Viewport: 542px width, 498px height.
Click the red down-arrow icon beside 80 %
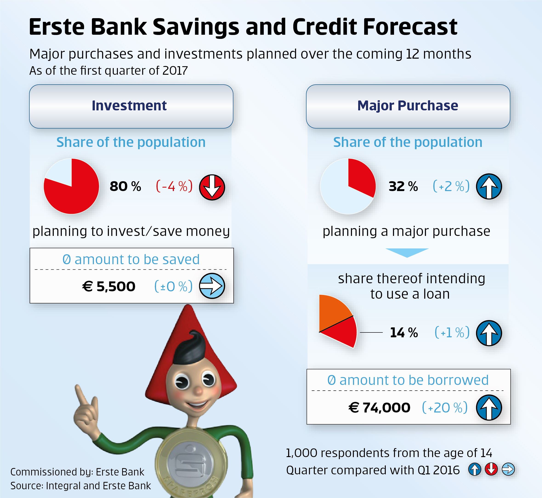tap(212, 187)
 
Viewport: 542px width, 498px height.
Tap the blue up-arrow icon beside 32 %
tap(489, 186)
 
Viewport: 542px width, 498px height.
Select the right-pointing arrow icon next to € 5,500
tap(212, 286)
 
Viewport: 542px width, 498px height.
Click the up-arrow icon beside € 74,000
tap(489, 407)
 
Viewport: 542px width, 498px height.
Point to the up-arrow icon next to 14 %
tap(489, 333)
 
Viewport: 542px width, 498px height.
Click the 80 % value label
tap(125, 186)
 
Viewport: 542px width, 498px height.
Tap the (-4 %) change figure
tap(174, 186)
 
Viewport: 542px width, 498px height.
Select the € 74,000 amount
tap(379, 407)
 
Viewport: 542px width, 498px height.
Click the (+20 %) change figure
tap(445, 407)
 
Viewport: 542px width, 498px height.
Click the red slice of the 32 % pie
tap(361, 177)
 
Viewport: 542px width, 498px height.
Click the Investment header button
tap(131, 106)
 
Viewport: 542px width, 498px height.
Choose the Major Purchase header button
tap(408, 106)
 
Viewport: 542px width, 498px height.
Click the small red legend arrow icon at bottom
tap(491, 469)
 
